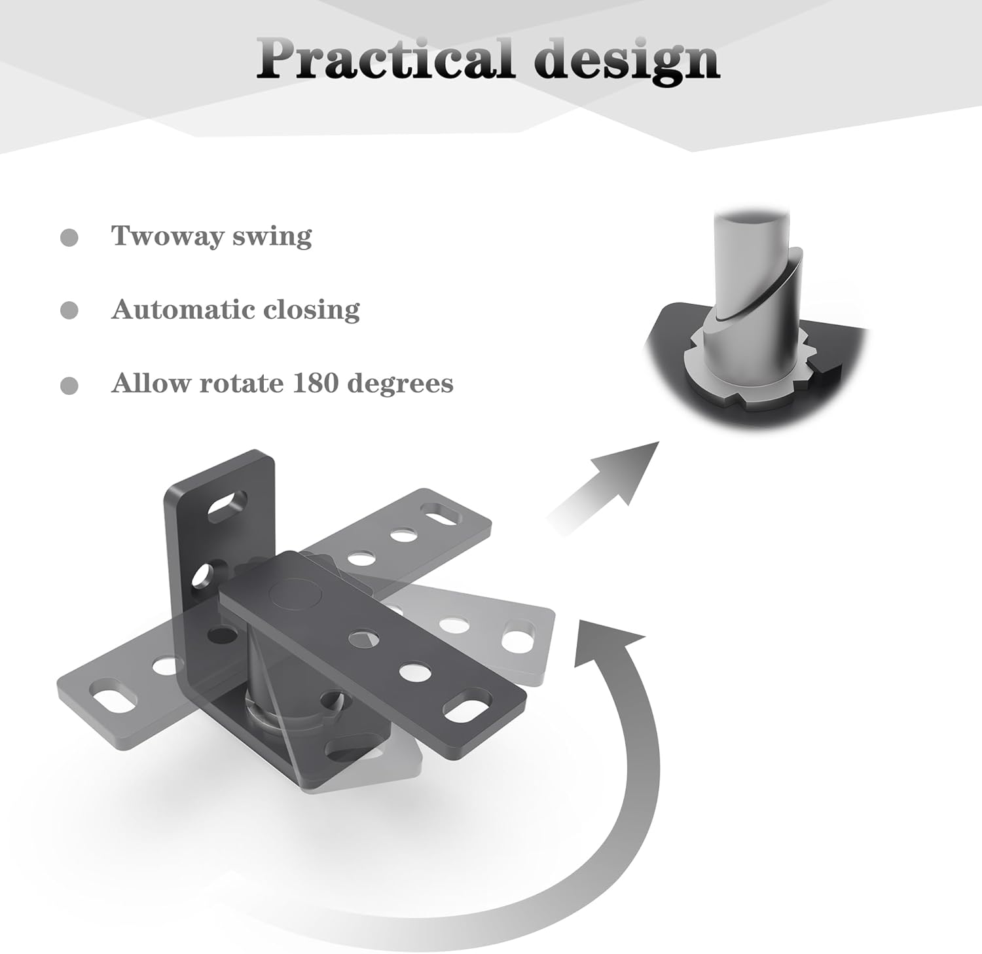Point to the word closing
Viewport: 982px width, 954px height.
click(312, 310)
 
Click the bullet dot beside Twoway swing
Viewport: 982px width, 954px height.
click(69, 237)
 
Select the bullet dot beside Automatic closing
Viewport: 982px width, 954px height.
click(69, 310)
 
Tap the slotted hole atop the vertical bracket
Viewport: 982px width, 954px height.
click(227, 505)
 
